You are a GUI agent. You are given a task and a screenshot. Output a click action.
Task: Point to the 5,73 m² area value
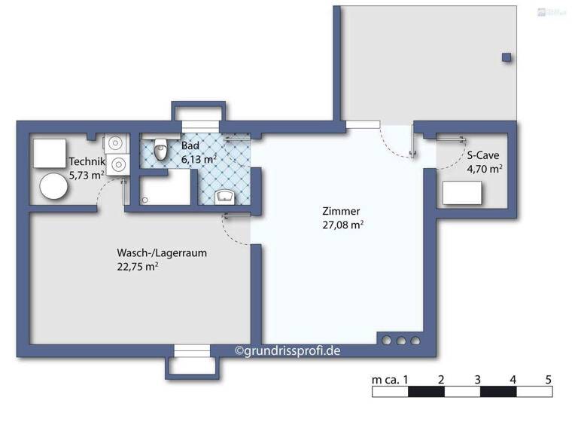pyautogui.click(x=86, y=175)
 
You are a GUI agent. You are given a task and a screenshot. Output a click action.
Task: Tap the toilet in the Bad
pyautogui.click(x=160, y=151)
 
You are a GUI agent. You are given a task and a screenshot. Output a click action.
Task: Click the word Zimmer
pyautogui.click(x=341, y=211)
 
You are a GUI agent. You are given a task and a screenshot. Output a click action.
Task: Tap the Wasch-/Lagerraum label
pyautogui.click(x=161, y=252)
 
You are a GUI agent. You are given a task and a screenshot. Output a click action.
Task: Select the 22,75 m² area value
pyautogui.click(x=136, y=266)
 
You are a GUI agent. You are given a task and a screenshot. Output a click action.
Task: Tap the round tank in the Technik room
pyautogui.click(x=53, y=187)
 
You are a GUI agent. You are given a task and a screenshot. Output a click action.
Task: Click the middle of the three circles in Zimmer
pyautogui.click(x=400, y=341)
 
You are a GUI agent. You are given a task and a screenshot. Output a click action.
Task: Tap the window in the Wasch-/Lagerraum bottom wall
pyautogui.click(x=193, y=350)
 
